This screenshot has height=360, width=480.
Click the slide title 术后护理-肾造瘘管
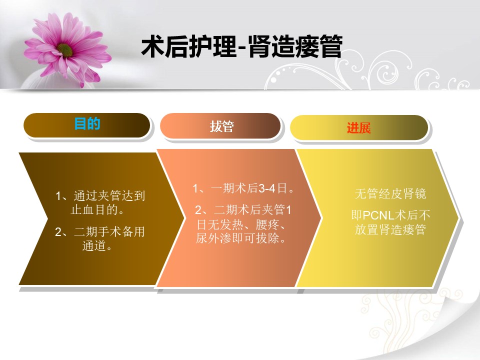pyautogui.click(x=241, y=46)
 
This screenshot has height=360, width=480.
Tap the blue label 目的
pyautogui.click(x=87, y=123)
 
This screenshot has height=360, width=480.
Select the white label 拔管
pyautogui.click(x=222, y=126)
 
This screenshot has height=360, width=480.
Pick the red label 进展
pyautogui.click(x=359, y=127)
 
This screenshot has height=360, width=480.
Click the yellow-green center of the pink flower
pyautogui.click(x=64, y=50)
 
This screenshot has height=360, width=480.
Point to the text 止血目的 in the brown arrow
pyautogui.click(x=94, y=209)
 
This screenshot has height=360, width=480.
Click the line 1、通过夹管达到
pyautogui.click(x=100, y=195)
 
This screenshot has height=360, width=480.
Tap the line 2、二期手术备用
pyautogui.click(x=100, y=231)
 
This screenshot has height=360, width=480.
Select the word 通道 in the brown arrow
pyautogui.click(x=94, y=245)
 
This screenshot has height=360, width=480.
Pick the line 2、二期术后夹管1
pyautogui.click(x=243, y=209)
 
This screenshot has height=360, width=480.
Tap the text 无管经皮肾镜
pyautogui.click(x=390, y=193)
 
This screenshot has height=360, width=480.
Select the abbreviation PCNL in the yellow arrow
pyautogui.click(x=378, y=215)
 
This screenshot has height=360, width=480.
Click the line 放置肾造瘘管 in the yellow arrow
pyautogui.click(x=390, y=229)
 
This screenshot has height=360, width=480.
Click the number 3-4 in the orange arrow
pyautogui.click(x=267, y=188)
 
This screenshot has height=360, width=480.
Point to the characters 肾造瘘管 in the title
pyautogui.click(x=295, y=46)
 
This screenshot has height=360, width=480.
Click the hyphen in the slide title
pyautogui.click(x=242, y=48)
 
